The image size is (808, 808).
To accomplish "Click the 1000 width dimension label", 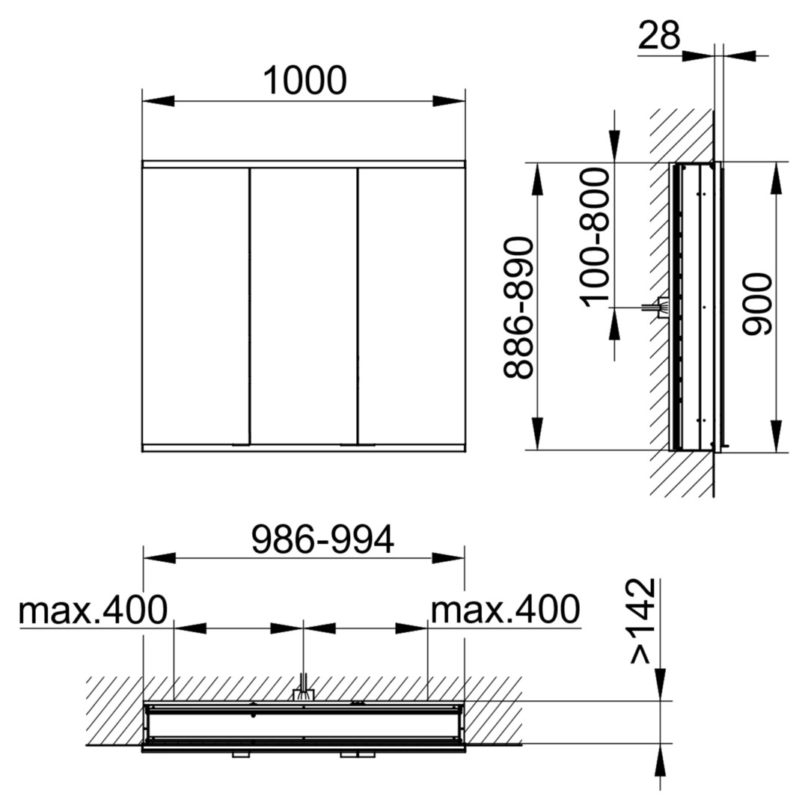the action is pos(304,81).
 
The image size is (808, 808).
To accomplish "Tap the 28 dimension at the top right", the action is pos(659,36).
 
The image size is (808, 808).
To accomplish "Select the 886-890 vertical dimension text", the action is pos(518,307).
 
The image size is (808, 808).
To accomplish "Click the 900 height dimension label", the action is pos(757,304).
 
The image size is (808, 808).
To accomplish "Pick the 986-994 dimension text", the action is pos(322,539).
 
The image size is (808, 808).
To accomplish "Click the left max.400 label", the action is pos(93,610).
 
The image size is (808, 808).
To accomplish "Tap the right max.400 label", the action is pos(506,610).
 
